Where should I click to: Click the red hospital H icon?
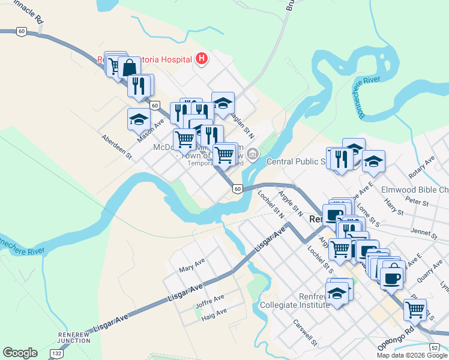click(x=202, y=59)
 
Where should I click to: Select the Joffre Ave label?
click(x=209, y=298)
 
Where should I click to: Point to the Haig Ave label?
click(x=214, y=312)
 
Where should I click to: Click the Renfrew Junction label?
click(x=74, y=337)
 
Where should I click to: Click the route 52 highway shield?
click(x=435, y=347)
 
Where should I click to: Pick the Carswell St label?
click(x=305, y=331)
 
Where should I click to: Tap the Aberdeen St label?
click(x=117, y=146)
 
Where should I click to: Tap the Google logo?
click(x=20, y=353)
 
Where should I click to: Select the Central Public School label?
click(x=296, y=161)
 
